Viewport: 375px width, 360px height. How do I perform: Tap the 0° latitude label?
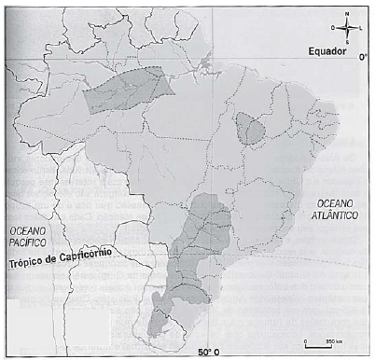[363, 56]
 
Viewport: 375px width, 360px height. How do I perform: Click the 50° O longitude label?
[211, 352]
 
